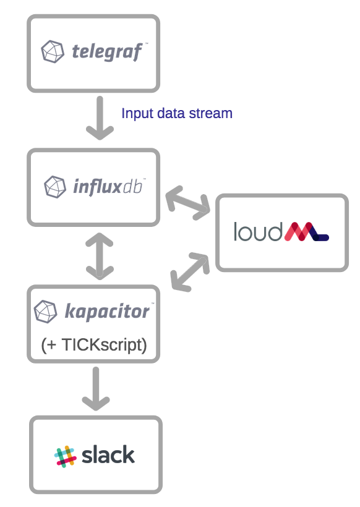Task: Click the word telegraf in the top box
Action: pyautogui.click(x=107, y=51)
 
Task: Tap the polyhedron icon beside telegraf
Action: pyautogui.click(x=53, y=51)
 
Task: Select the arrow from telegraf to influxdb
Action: pyautogui.click(x=99, y=117)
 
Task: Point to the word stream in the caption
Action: pyautogui.click(x=212, y=113)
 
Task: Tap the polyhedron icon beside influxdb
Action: pyautogui.click(x=55, y=185)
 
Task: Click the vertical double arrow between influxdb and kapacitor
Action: pyautogui.click(x=99, y=255)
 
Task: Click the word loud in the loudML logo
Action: pyautogui.click(x=258, y=232)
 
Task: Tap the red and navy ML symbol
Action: pyautogui.click(x=306, y=232)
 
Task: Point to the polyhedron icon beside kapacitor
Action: pyautogui.click(x=46, y=311)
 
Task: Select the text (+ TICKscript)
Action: pyautogui.click(x=94, y=344)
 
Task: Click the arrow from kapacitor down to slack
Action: pyautogui.click(x=95, y=388)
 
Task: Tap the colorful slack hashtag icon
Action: pyautogui.click(x=65, y=456)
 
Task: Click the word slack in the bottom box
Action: pyautogui.click(x=108, y=455)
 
